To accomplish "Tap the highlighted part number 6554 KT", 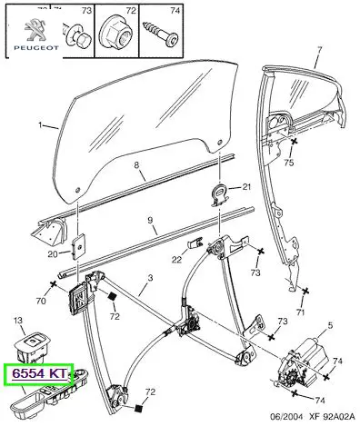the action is coord(39,373).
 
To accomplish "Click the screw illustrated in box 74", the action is coord(161,34).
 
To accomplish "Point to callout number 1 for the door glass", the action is coord(40,125).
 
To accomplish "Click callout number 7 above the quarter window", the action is coord(319,49).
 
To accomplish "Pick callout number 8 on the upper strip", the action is coord(136,165).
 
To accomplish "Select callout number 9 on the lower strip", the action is coord(150,220).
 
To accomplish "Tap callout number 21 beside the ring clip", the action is coord(246,187).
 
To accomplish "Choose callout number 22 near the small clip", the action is coord(177,259).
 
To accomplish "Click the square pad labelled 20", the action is coord(78,246).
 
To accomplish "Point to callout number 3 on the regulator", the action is coord(150,278).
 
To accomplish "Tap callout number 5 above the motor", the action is coord(330,325).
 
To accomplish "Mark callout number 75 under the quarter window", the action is coord(289,163).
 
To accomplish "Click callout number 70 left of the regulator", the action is coord(41,301).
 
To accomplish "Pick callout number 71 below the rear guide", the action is coord(300,312).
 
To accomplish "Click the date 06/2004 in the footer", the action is coord(286,425).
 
